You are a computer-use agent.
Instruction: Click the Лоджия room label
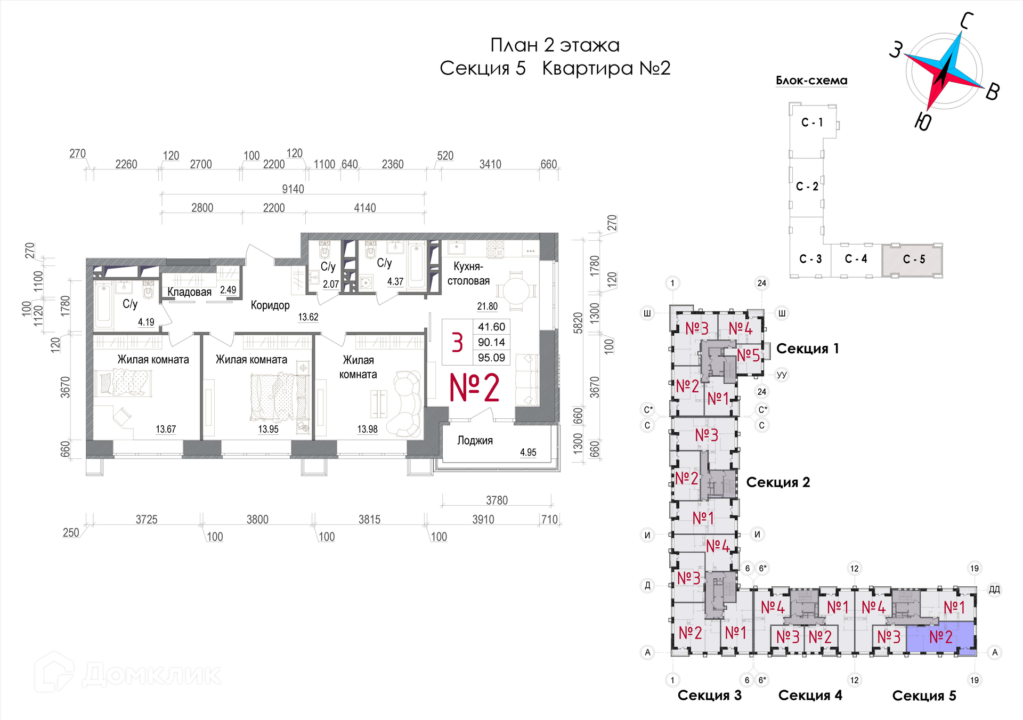(x=475, y=440)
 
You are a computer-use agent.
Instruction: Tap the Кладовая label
(x=189, y=292)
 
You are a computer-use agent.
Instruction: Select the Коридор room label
(x=270, y=305)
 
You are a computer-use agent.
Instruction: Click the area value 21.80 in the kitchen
(x=487, y=306)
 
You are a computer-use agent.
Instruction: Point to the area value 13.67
(x=166, y=429)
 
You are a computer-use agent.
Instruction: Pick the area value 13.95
(x=268, y=429)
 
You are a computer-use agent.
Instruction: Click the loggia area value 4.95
(x=528, y=452)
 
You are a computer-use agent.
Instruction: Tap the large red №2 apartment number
(x=474, y=387)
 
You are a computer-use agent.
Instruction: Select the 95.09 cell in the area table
(x=491, y=358)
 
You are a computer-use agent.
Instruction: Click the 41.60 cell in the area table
(x=491, y=327)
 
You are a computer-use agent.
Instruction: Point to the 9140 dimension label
(x=293, y=189)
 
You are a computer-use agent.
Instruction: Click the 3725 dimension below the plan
(x=147, y=520)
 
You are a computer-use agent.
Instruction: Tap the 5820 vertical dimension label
(x=578, y=323)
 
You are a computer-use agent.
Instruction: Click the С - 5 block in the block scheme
(x=914, y=260)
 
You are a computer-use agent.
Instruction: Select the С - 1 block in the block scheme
(x=812, y=123)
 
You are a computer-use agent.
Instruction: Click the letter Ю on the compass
(x=923, y=122)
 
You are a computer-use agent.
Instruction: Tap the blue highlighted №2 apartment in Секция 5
(x=940, y=637)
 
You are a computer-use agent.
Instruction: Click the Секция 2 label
(x=778, y=482)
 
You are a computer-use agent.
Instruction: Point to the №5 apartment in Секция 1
(x=748, y=355)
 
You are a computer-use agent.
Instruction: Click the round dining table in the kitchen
(x=516, y=292)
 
